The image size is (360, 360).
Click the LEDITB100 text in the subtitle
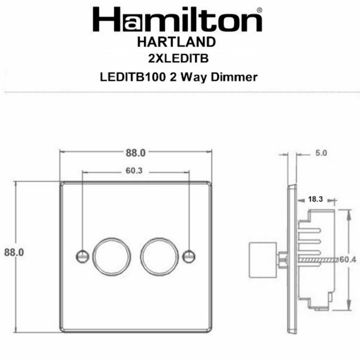(125, 77)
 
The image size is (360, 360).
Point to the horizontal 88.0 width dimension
(135, 152)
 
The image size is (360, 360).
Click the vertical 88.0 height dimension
(14, 252)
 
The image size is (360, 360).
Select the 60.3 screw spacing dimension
(134, 171)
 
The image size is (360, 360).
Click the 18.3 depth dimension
(315, 199)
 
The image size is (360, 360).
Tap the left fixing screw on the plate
(82, 255)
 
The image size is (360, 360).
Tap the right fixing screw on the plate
(189, 255)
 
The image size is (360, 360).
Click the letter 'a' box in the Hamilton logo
(133, 22)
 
